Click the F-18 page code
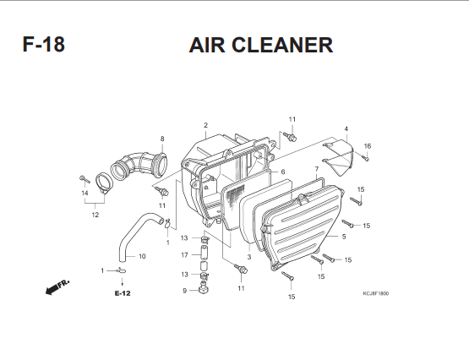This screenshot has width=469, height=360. [x=44, y=45]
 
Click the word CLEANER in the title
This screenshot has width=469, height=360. [x=282, y=45]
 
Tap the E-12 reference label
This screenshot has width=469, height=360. [x=123, y=293]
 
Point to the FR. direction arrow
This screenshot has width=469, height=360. [x=57, y=287]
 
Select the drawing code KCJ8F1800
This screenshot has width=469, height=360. [x=376, y=293]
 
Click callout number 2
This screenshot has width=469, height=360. [x=205, y=125]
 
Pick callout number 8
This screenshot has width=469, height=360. [x=162, y=139]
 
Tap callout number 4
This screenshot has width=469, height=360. [x=346, y=128]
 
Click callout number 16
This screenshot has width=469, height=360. [x=368, y=146]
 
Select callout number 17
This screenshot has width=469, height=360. [x=184, y=255]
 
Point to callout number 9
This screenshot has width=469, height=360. [x=184, y=291]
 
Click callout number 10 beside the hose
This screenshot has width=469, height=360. [x=142, y=256]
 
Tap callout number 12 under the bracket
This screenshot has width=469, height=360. [x=95, y=215]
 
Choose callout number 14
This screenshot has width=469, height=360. [x=85, y=193]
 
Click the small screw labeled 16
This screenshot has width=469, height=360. [x=365, y=157]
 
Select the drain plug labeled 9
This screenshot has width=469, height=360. [x=204, y=288]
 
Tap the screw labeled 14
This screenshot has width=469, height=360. [x=85, y=179]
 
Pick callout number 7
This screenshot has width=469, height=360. [x=317, y=169]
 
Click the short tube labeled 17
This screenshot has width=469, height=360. [x=204, y=253]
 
